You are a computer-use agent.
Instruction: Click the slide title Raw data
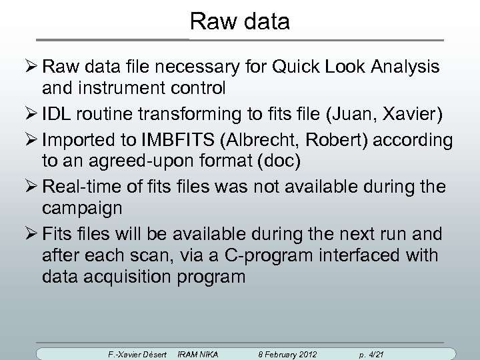coord(239,21)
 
